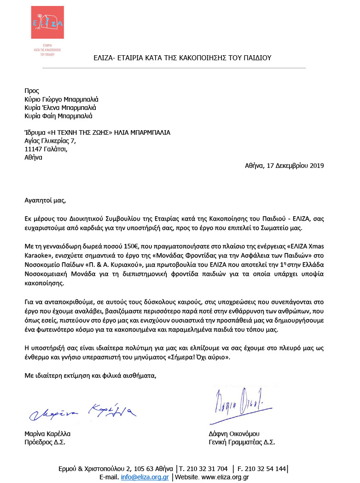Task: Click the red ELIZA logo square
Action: tap(47, 23)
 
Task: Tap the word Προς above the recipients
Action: tap(32, 91)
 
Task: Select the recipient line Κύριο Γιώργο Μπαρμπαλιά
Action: tap(61, 99)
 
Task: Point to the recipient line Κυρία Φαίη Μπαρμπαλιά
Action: tap(58, 116)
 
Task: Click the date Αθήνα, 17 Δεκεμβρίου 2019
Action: tap(284, 166)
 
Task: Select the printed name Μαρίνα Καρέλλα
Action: tap(47, 434)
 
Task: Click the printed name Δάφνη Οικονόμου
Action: tap(234, 434)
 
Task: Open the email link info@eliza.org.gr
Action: tap(144, 477)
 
